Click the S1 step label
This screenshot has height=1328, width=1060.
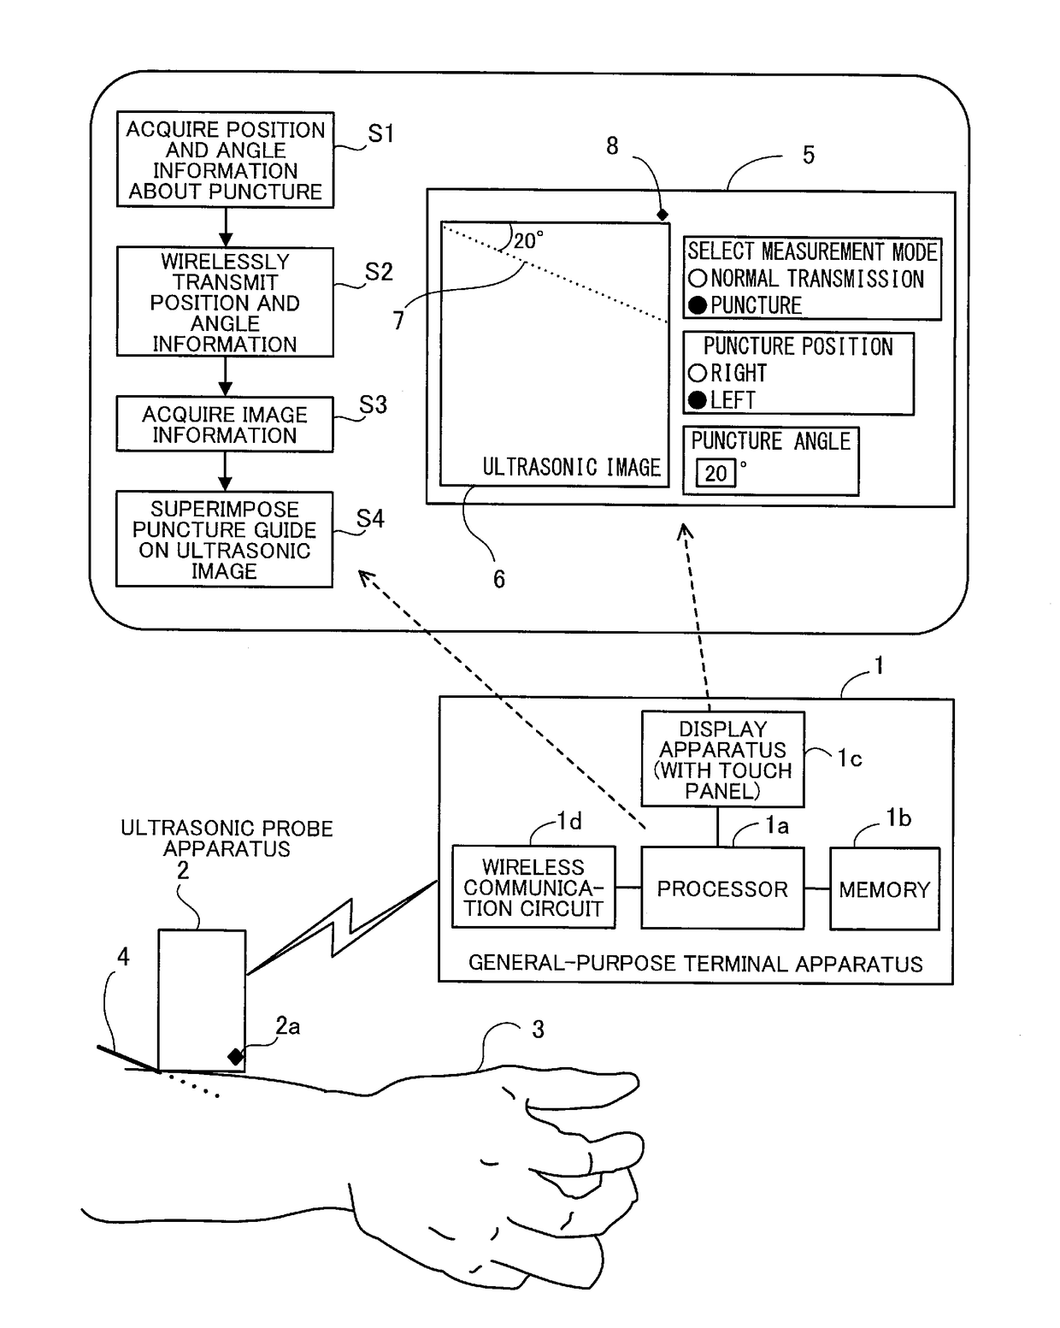380,133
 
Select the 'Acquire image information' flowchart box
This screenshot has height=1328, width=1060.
225,424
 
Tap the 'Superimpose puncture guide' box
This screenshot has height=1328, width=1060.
225,539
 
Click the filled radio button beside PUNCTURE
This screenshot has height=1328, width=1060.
698,305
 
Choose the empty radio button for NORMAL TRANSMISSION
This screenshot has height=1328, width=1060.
698,278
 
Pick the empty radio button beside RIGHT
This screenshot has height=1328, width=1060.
698,373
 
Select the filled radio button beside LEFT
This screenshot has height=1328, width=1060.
698,400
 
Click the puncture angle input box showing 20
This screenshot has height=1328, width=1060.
715,474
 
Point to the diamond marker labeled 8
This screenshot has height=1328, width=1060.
662,215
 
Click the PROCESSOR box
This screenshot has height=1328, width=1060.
722,888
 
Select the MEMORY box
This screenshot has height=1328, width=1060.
884,888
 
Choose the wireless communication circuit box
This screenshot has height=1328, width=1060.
533,887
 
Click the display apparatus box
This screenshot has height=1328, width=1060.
722,759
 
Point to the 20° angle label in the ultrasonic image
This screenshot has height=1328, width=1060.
529,240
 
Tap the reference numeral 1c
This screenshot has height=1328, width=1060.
849,758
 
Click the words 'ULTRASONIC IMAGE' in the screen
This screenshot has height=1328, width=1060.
571,467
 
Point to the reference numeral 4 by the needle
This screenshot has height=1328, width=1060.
123,957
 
